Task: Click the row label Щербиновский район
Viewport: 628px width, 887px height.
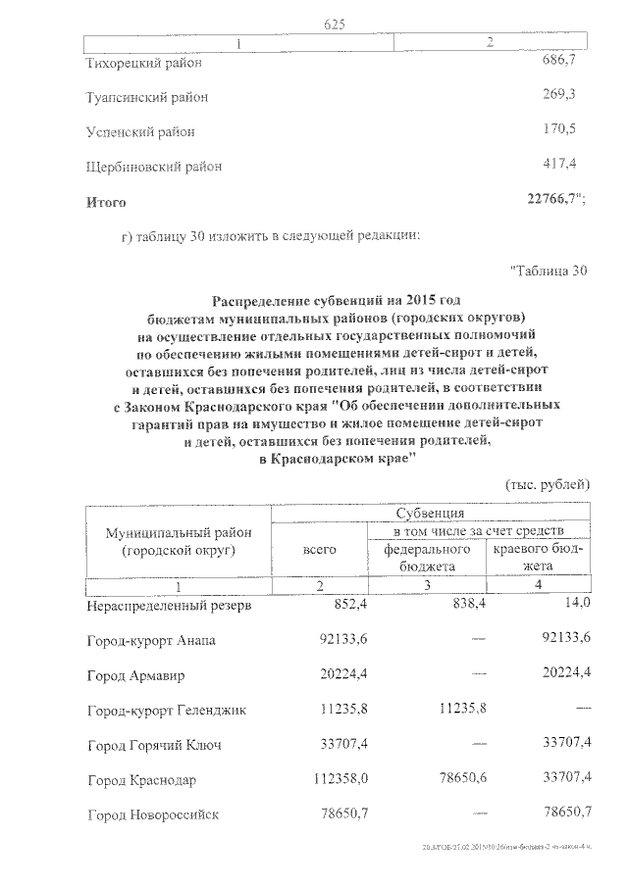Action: tap(153, 167)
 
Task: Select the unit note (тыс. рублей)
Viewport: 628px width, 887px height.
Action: tap(548, 484)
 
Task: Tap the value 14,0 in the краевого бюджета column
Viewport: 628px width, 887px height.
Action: tap(574, 604)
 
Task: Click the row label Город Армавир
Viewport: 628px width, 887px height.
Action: tap(135, 676)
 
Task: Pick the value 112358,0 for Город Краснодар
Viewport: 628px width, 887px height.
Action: tap(312, 779)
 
